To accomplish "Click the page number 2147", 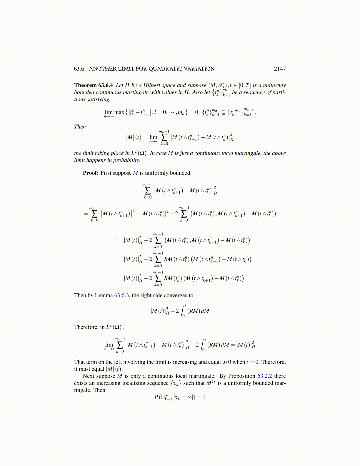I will [280, 69].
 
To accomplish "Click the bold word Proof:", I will [91, 173].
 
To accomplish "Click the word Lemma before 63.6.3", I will [104, 295].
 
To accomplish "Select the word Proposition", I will [241, 376].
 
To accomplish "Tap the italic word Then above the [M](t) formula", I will [80, 127].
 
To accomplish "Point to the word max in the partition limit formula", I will [119, 112].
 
